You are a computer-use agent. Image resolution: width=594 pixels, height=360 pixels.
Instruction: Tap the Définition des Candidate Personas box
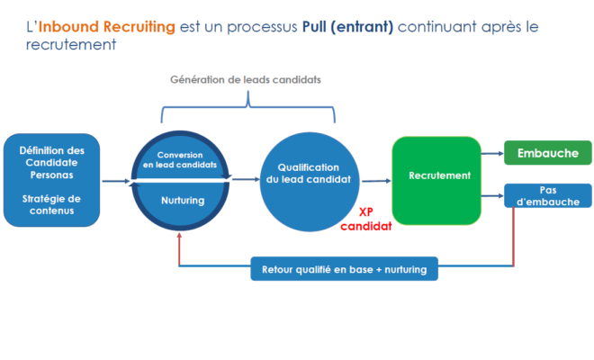51,180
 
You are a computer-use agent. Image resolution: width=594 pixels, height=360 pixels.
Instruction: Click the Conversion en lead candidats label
180,159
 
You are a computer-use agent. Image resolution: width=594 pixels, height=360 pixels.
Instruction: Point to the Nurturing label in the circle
182,200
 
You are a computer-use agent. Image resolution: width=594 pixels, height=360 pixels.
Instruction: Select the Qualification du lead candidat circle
308,180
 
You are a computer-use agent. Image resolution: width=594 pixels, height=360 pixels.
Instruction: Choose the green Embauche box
547,153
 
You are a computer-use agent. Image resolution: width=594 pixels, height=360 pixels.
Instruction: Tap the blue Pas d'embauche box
547,195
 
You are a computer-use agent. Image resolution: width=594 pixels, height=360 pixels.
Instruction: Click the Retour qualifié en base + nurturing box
344,268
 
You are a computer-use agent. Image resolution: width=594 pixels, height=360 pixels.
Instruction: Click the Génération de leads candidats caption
246,79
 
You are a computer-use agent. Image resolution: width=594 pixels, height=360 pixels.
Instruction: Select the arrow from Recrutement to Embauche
492,154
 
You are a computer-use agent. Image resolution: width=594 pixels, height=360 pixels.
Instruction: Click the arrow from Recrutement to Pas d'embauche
492,195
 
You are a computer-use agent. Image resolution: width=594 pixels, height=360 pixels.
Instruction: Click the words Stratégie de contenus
50,205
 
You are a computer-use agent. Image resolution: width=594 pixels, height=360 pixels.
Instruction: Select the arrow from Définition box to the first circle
115,181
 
